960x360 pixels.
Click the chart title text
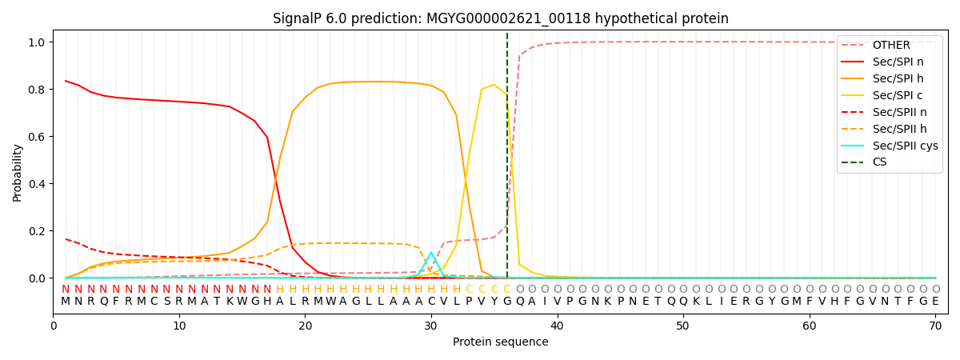click(500, 18)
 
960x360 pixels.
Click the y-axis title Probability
click(18, 172)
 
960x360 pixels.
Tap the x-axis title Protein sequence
click(500, 342)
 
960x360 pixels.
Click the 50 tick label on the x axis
click(682, 325)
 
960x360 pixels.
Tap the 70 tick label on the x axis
click(935, 325)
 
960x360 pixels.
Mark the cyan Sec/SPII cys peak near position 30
click(431, 253)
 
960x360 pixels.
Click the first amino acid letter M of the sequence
click(66, 302)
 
